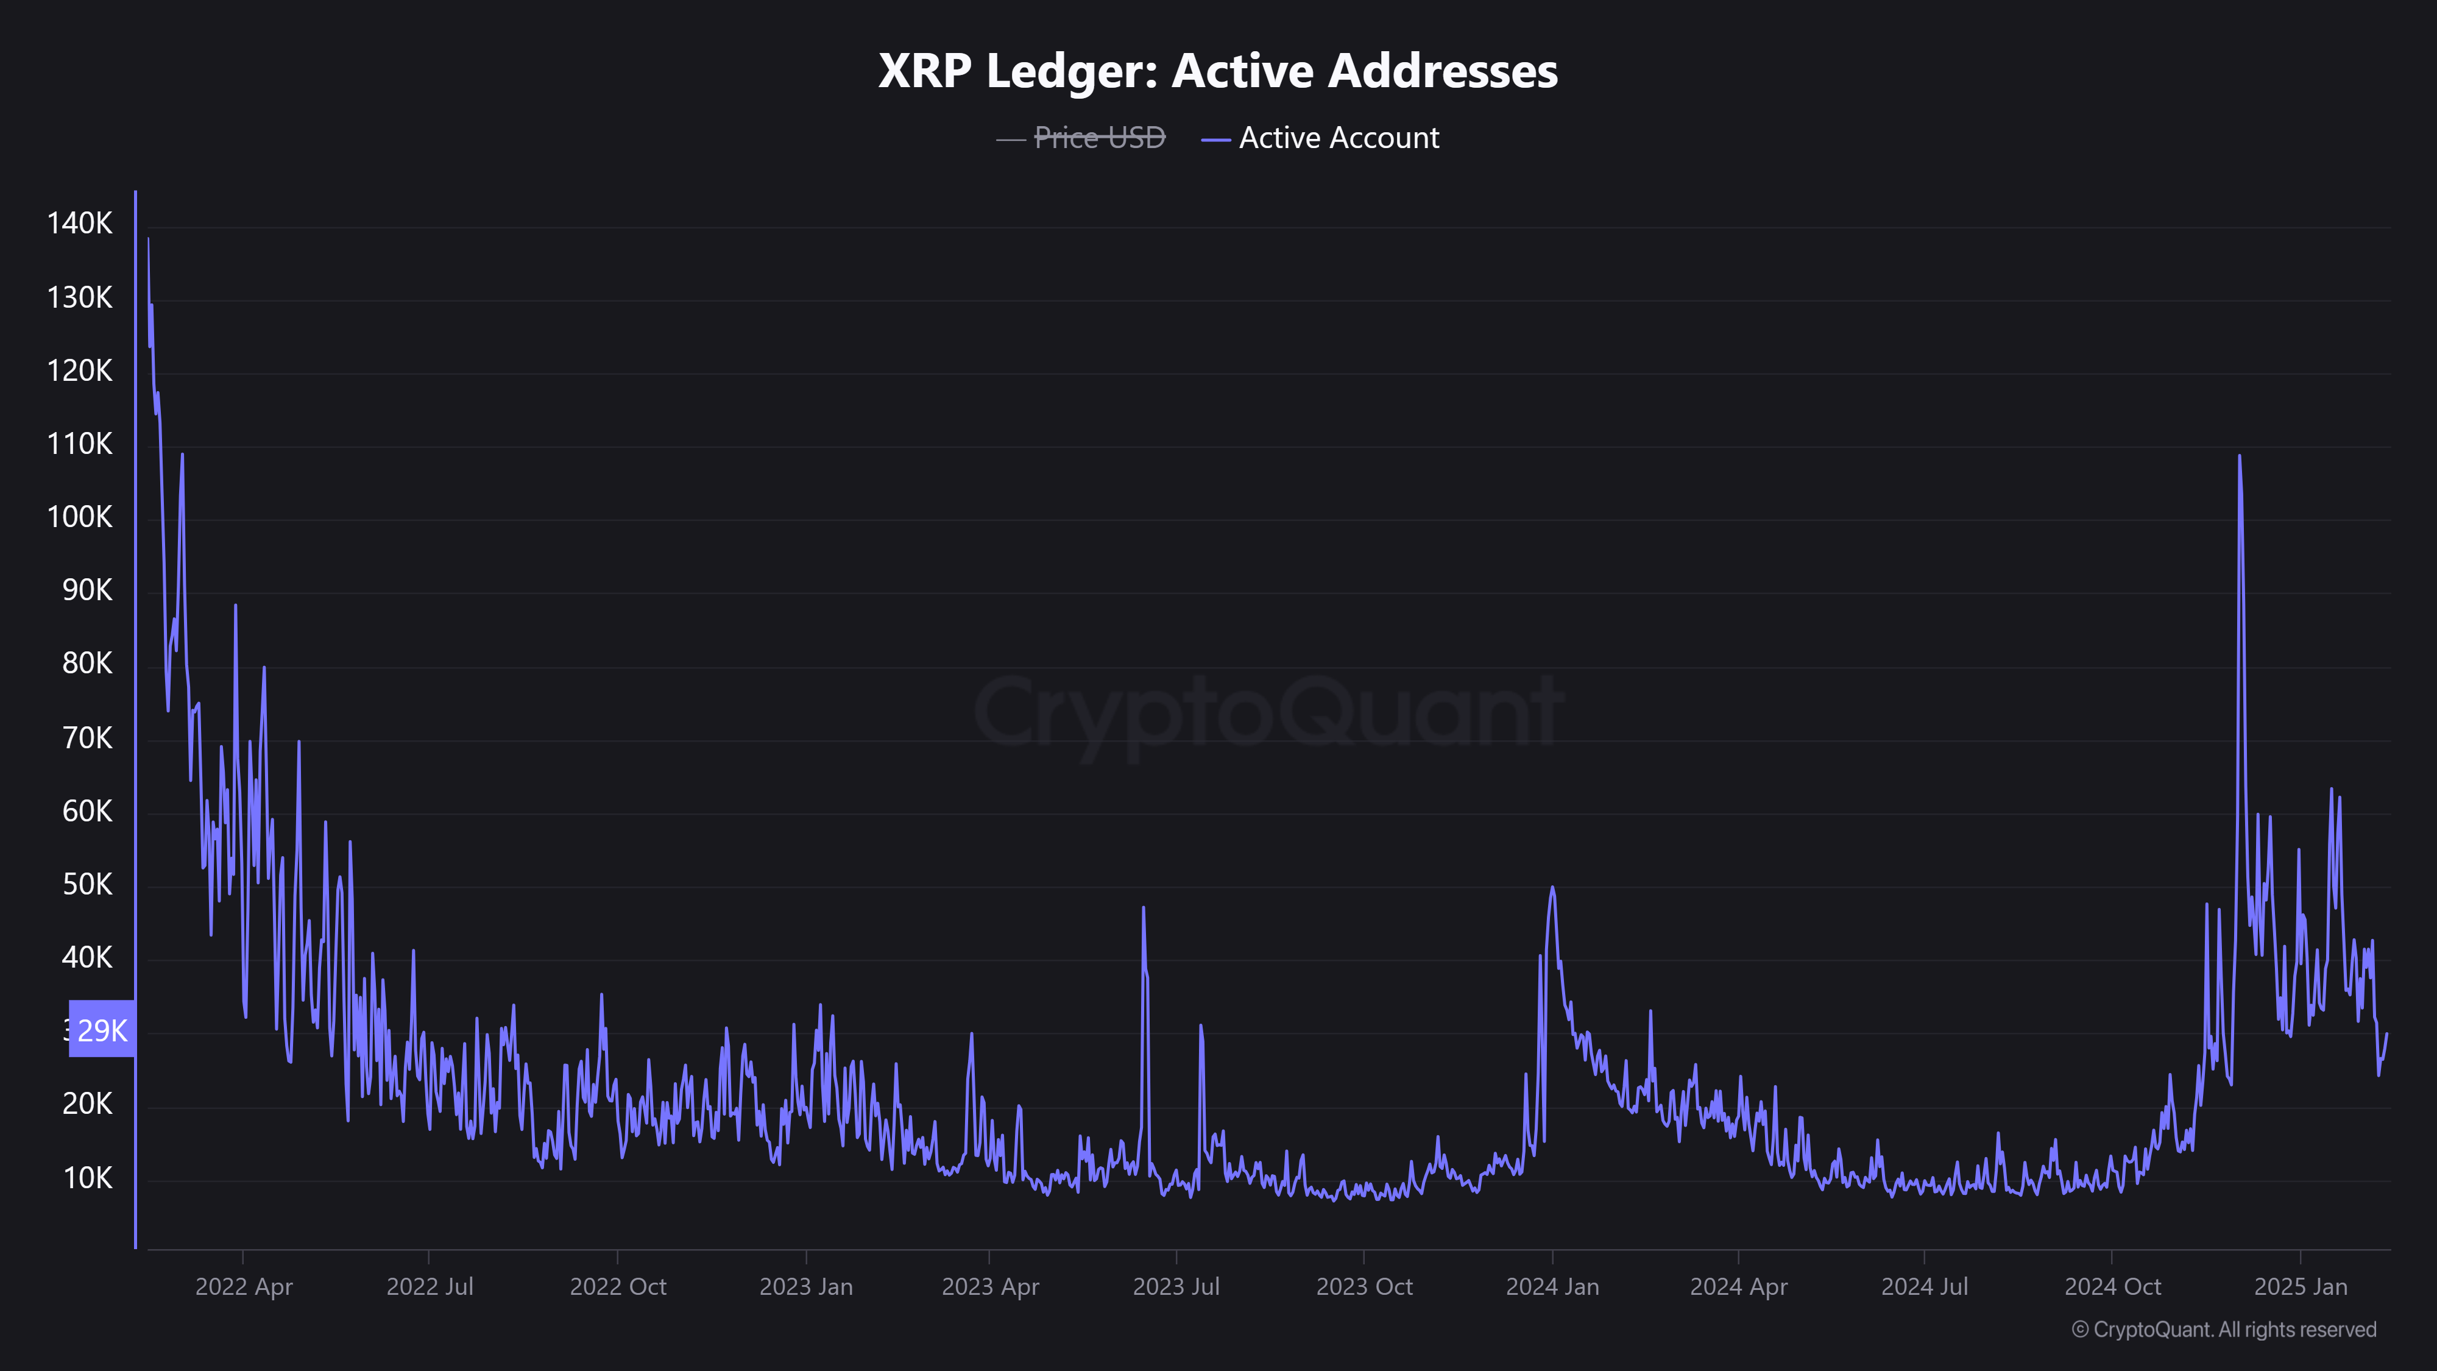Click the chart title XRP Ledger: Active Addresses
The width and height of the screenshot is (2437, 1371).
click(x=1217, y=71)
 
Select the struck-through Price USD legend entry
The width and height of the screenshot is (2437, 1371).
click(x=1099, y=138)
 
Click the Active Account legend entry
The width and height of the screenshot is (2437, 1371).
click(x=1339, y=138)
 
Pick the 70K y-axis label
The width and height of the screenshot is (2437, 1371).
click(x=87, y=738)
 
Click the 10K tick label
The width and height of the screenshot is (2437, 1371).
click(x=87, y=1178)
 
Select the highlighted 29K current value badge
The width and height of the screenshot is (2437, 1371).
click(x=102, y=1029)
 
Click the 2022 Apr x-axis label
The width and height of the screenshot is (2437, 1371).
click(x=244, y=1287)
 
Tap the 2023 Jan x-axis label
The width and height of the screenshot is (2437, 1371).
click(x=806, y=1287)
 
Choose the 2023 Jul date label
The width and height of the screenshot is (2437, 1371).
click(x=1176, y=1287)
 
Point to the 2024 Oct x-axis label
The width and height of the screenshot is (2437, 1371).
click(x=2112, y=1287)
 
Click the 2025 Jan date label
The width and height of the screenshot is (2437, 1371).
click(x=2301, y=1287)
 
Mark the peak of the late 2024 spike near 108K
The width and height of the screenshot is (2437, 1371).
click(x=2239, y=457)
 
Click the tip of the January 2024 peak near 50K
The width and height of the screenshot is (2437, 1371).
click(x=1552, y=888)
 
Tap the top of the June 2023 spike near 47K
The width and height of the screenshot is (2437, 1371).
click(x=1144, y=909)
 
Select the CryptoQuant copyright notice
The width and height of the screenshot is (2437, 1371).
click(x=2223, y=1330)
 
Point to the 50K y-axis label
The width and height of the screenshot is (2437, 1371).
click(x=87, y=885)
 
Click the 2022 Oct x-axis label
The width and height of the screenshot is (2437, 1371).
click(x=618, y=1287)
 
